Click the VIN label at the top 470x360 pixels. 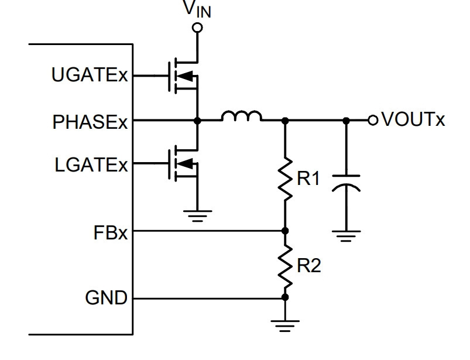point(197,9)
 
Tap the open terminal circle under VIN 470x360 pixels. point(197,28)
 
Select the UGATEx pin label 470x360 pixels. point(90,75)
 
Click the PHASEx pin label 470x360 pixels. point(90,122)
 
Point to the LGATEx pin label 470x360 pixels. point(91,165)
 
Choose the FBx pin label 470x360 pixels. point(110,232)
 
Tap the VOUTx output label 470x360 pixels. point(413,119)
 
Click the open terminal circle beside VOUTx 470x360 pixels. point(373,120)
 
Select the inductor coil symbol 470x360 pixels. point(242,116)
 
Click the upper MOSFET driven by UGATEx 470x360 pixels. point(183,76)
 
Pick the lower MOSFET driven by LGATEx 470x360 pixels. point(183,163)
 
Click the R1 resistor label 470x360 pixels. point(308,179)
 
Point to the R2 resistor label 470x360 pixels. point(308,265)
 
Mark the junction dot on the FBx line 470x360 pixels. point(285,231)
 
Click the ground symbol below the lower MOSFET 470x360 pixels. point(197,216)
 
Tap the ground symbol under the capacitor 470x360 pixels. point(346,236)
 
